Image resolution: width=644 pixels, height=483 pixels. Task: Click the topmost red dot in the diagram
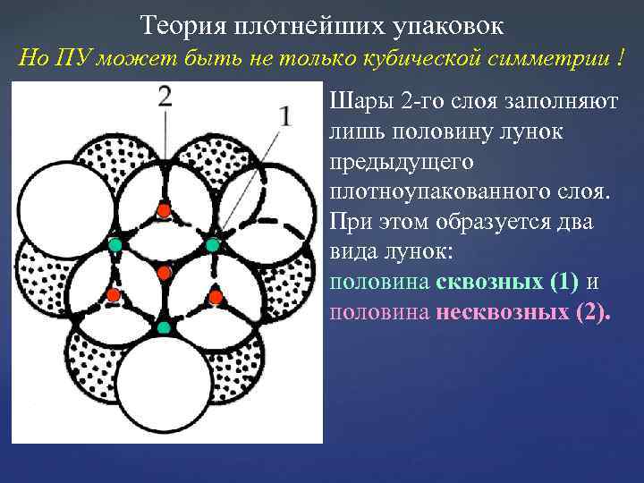click(x=164, y=210)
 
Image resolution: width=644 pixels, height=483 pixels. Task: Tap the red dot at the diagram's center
click(x=164, y=272)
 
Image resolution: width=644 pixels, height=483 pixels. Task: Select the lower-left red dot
click(x=114, y=295)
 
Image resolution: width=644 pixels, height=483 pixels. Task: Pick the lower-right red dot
click(x=215, y=295)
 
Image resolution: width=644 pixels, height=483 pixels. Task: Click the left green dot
click(x=114, y=244)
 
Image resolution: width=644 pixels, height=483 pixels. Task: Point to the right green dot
click(x=213, y=244)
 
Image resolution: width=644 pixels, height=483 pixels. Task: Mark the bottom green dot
click(x=164, y=327)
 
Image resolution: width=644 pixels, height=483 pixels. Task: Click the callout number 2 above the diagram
click(x=165, y=97)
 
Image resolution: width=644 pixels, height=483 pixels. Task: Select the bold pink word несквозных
click(x=504, y=313)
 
